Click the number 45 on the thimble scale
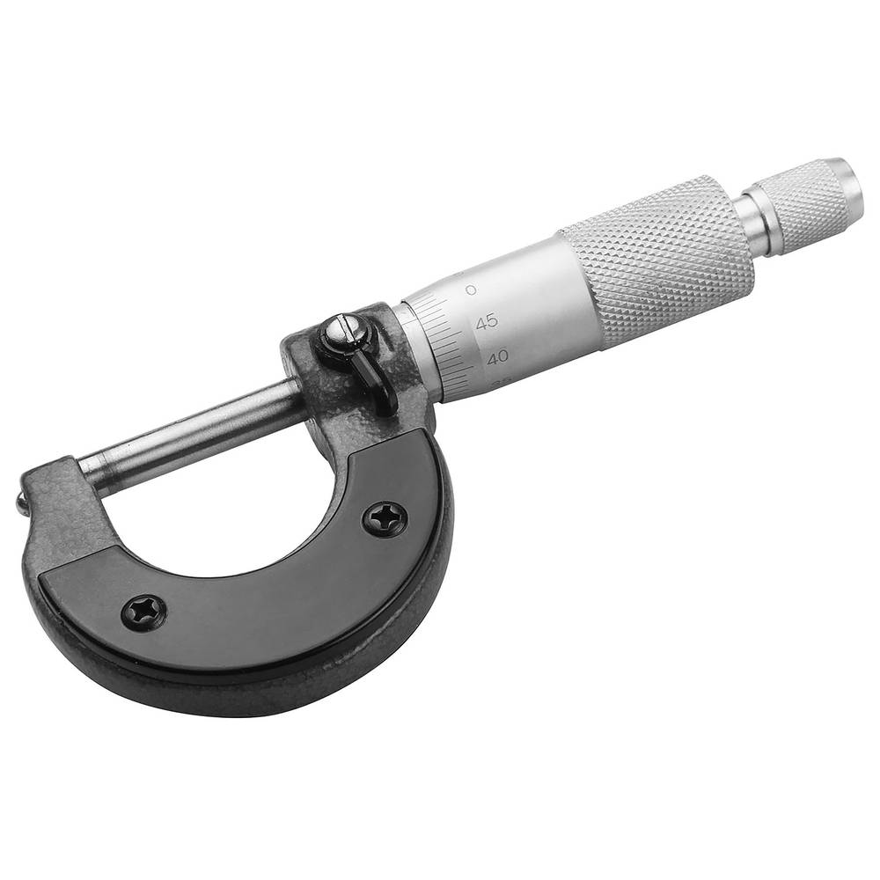point(486,322)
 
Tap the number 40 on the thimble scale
point(499,357)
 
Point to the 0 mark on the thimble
point(472,290)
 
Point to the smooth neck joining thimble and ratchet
point(757,225)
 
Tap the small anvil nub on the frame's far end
point(20,503)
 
